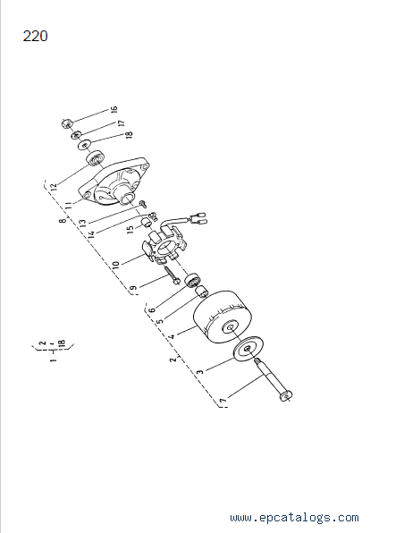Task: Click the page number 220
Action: click(36, 36)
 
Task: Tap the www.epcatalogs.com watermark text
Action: click(294, 518)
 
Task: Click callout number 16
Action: click(114, 109)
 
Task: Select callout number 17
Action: click(122, 123)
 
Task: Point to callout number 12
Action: click(53, 186)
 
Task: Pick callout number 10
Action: click(115, 264)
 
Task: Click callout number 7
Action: click(223, 401)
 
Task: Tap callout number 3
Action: click(200, 371)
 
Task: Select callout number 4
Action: click(172, 336)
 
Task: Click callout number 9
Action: click(134, 288)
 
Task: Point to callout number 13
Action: click(82, 223)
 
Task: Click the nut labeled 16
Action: click(66, 123)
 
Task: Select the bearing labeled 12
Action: click(95, 158)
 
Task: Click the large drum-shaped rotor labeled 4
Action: click(223, 317)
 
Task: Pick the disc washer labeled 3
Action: click(248, 349)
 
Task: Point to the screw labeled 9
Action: click(173, 275)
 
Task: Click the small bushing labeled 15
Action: click(147, 223)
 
